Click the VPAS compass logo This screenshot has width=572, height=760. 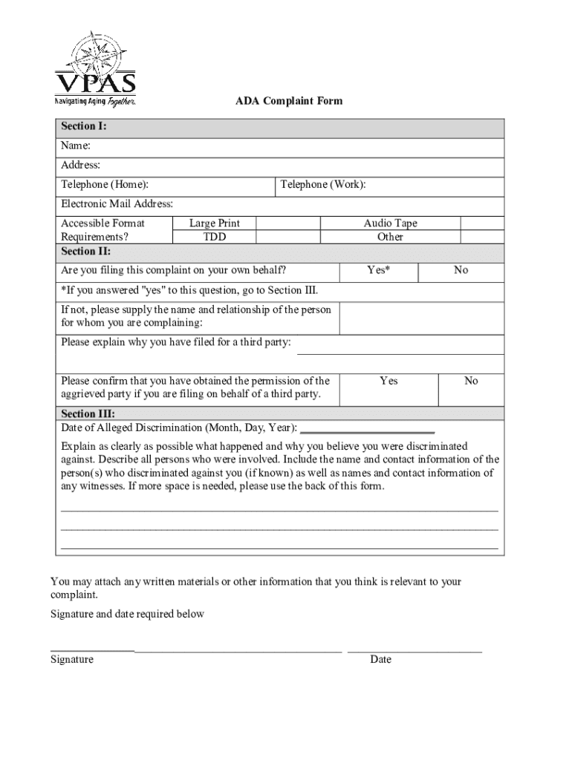(94, 68)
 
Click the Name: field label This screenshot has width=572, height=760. (76, 146)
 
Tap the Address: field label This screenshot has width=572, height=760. (80, 165)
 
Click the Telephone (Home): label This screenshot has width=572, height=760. (104, 184)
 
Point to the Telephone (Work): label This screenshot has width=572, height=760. (323, 184)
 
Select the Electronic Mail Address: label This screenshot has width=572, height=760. (117, 203)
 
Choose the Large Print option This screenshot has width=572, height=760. (215, 223)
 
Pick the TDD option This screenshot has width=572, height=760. (215, 237)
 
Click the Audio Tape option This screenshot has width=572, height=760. (390, 223)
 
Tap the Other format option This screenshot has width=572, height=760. (390, 237)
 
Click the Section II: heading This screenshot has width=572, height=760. (85, 251)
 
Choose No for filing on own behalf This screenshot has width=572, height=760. (461, 270)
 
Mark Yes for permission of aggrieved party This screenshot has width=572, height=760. (389, 381)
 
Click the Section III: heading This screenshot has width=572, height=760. (88, 414)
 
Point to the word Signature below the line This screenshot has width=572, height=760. (72, 659)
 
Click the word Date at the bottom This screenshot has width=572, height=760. (380, 659)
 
